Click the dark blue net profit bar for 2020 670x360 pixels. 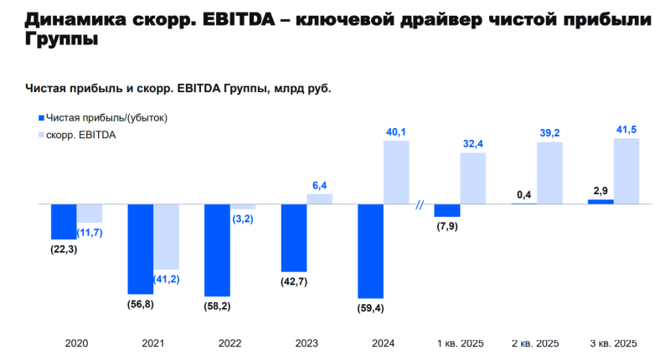pyautogui.click(x=64, y=222)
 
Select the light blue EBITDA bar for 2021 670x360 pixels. pyautogui.click(x=166, y=238)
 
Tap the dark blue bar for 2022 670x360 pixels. pyautogui.click(x=217, y=249)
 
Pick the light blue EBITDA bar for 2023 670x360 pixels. pyautogui.click(x=319, y=199)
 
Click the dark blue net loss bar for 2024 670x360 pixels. pyautogui.click(x=370, y=250)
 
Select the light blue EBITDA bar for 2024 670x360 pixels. pyautogui.click(x=396, y=172)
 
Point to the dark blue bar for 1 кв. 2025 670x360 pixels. pyautogui.click(x=447, y=211)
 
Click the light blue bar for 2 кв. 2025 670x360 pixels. pyautogui.click(x=549, y=173)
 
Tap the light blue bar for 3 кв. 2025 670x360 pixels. pyautogui.click(x=626, y=172)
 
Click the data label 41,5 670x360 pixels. pyautogui.click(x=626, y=129)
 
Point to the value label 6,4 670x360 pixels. pyautogui.click(x=319, y=185)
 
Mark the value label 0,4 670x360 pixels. pyautogui.click(x=524, y=195)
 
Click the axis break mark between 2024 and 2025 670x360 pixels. pyautogui.click(x=421, y=204)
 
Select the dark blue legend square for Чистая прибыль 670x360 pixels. pyautogui.click(x=39, y=118)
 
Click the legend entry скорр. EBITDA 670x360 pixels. pyautogui.click(x=80, y=135)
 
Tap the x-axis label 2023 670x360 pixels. pyautogui.click(x=307, y=343)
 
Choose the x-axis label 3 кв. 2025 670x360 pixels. pyautogui.click(x=613, y=343)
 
